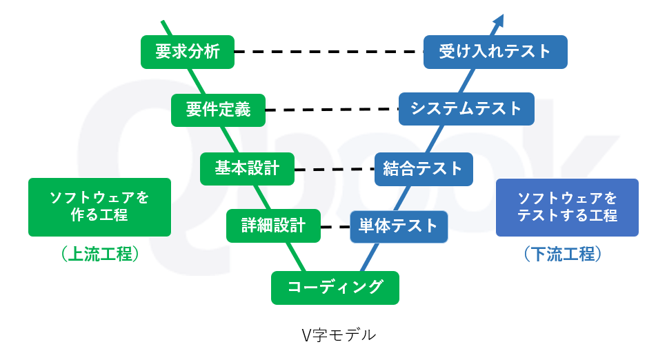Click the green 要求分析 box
pyautogui.click(x=188, y=52)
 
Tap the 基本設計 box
pyautogui.click(x=247, y=168)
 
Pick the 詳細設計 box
pyautogui.click(x=273, y=226)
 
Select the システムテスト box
pyautogui.click(x=466, y=109)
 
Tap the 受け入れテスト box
pyautogui.click(x=495, y=52)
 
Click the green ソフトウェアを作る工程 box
pyautogui.click(x=99, y=207)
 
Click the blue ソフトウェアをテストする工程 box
pyautogui.click(x=567, y=207)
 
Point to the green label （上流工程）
pyautogui.click(x=99, y=254)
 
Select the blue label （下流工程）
pyautogui.click(x=567, y=254)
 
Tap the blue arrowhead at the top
pyautogui.click(x=499, y=20)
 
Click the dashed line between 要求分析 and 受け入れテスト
pyautogui.click(x=328, y=52)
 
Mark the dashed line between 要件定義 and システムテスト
pyautogui.click(x=332, y=110)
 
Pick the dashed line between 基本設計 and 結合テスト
pyautogui.click(x=334, y=168)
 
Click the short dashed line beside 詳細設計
pyautogui.click(x=335, y=226)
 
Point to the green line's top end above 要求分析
pyautogui.click(x=163, y=22)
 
